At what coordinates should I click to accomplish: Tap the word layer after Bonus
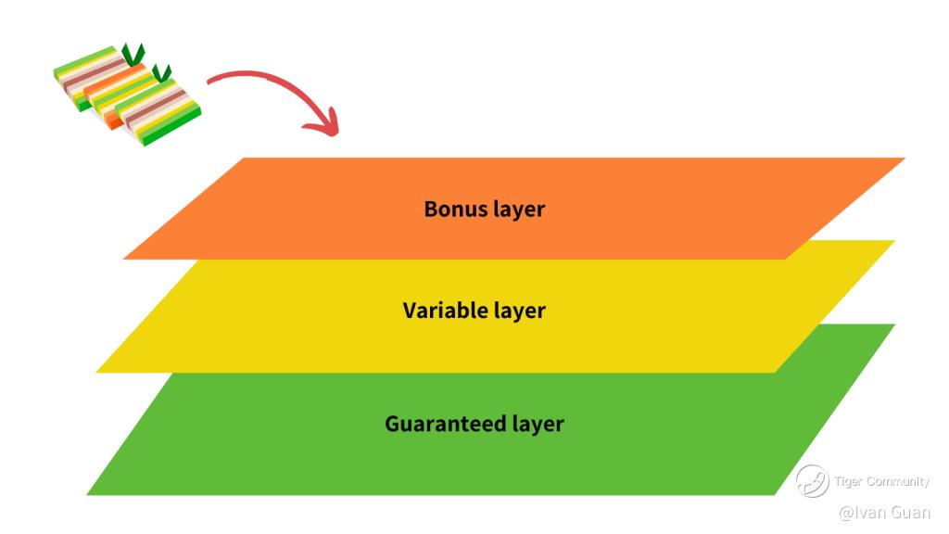520,210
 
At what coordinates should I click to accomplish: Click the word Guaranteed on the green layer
446,424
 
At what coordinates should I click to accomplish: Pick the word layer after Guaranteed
538,425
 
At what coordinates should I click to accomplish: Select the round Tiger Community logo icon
812,480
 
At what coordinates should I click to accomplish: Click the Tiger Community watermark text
881,481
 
